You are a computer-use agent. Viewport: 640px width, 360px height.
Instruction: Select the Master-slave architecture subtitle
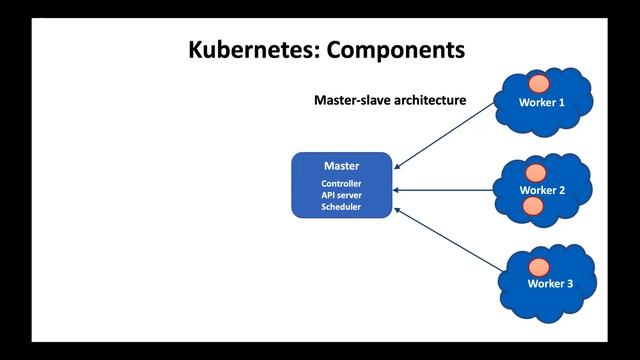point(390,101)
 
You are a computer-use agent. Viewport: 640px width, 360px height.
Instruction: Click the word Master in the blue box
point(341,166)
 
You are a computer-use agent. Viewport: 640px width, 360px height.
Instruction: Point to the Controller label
point(341,184)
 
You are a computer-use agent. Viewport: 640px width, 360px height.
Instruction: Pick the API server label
point(341,195)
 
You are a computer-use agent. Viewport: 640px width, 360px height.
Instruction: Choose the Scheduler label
point(341,207)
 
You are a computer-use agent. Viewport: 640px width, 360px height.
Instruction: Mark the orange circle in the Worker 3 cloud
point(540,266)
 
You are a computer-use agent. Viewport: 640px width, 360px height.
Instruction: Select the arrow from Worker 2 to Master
point(446,190)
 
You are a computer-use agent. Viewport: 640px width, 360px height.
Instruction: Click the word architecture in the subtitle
point(426,101)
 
